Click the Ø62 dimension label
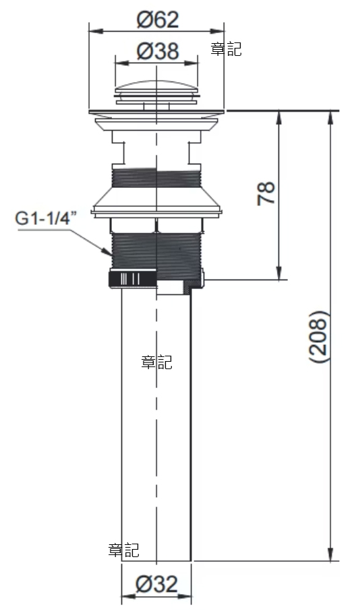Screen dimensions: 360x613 click(x=157, y=20)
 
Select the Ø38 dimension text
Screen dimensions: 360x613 click(x=158, y=51)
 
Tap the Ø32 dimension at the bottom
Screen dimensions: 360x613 click(x=156, y=585)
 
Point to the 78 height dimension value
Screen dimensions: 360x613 click(x=266, y=193)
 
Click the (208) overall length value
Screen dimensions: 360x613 click(x=318, y=337)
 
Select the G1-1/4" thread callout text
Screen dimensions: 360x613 click(x=43, y=218)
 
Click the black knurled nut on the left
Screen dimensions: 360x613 click(x=133, y=279)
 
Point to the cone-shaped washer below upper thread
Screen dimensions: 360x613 click(x=156, y=200)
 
